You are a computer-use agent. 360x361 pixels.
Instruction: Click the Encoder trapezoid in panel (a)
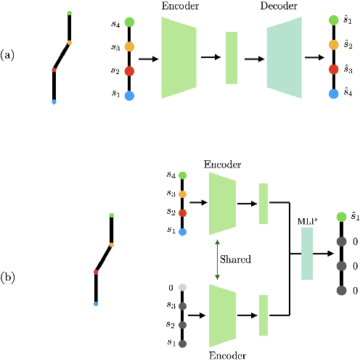179,58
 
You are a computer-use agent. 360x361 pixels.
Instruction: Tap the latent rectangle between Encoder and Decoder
232,58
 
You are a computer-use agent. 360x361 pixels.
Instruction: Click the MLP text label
307,220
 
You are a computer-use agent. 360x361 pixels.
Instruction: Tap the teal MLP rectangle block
307,254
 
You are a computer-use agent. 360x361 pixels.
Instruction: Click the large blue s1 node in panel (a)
129,95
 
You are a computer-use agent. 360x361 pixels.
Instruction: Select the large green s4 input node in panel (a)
129,22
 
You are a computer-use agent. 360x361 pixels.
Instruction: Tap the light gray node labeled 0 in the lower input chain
182,288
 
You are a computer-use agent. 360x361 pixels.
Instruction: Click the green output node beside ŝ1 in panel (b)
342,217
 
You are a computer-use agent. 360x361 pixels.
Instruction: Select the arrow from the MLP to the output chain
324,254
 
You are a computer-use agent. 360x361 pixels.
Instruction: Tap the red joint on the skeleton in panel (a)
54,70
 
